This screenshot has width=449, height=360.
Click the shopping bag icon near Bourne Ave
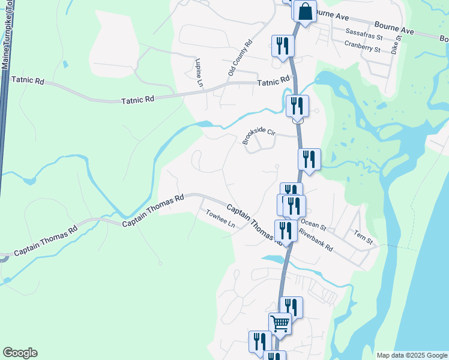305,11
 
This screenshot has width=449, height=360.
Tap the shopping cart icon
280,324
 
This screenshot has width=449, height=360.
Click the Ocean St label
313,224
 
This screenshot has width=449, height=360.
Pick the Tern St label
364,238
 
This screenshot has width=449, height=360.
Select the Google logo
20,353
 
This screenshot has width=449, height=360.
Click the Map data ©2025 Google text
411,355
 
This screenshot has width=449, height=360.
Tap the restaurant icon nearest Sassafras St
282,46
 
